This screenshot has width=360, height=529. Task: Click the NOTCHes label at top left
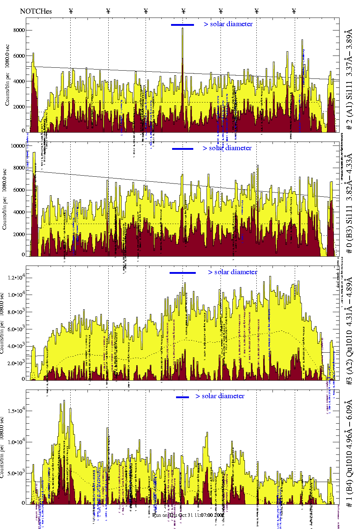click(x=36, y=11)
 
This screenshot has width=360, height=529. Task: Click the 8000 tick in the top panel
click(x=19, y=30)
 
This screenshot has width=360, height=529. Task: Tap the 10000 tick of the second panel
click(x=18, y=146)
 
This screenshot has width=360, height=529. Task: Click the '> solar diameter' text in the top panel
click(x=228, y=24)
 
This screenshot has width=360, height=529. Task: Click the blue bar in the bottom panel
click(x=183, y=397)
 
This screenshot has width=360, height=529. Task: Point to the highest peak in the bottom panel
click(x=64, y=401)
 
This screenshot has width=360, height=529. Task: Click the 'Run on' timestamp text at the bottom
click(x=188, y=515)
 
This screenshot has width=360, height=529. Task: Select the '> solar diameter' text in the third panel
click(x=232, y=272)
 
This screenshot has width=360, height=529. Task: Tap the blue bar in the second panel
click(x=183, y=149)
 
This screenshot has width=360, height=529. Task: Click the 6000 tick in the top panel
click(x=19, y=56)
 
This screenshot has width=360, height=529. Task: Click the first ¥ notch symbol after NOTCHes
click(x=71, y=11)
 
